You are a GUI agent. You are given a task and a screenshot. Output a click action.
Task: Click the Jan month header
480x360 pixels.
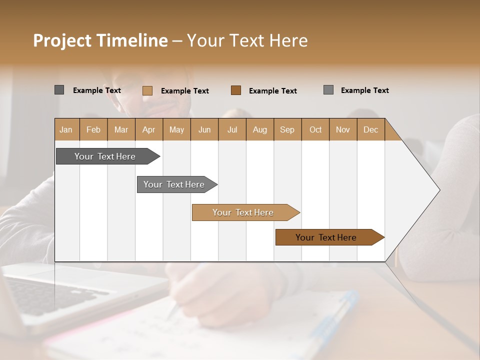[x=66, y=129]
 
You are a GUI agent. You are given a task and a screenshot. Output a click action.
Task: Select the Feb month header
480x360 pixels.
[x=93, y=129]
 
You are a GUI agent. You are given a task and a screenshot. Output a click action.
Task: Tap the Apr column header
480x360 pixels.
[x=148, y=129]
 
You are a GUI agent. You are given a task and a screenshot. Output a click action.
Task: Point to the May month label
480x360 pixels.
[x=176, y=129]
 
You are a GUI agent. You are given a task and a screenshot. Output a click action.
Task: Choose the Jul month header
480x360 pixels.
[x=232, y=129]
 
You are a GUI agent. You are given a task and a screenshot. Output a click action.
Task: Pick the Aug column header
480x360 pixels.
[x=259, y=129]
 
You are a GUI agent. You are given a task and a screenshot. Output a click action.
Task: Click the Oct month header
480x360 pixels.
[x=315, y=129]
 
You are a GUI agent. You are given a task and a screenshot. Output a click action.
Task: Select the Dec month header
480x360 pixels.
[x=370, y=129]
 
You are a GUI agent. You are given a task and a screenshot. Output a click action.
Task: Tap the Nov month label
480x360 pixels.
[x=342, y=129]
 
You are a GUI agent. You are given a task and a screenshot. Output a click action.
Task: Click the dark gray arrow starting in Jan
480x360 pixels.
[x=105, y=156]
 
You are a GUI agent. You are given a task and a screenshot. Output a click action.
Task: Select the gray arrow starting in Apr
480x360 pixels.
[x=174, y=184]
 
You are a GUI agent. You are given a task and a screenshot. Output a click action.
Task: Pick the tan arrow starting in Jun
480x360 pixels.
[x=243, y=212]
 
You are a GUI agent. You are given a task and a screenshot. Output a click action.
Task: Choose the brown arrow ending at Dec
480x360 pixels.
[x=326, y=237]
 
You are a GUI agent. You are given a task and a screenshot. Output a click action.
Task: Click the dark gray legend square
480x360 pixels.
[x=59, y=90]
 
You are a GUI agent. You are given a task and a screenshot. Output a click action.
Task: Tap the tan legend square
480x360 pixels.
[x=147, y=90]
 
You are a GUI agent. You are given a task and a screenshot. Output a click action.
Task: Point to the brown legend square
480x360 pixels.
[x=236, y=90]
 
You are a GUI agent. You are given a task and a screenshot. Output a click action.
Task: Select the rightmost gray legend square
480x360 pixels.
[x=328, y=90]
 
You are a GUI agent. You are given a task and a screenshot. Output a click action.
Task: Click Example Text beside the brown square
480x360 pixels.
[x=272, y=90]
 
